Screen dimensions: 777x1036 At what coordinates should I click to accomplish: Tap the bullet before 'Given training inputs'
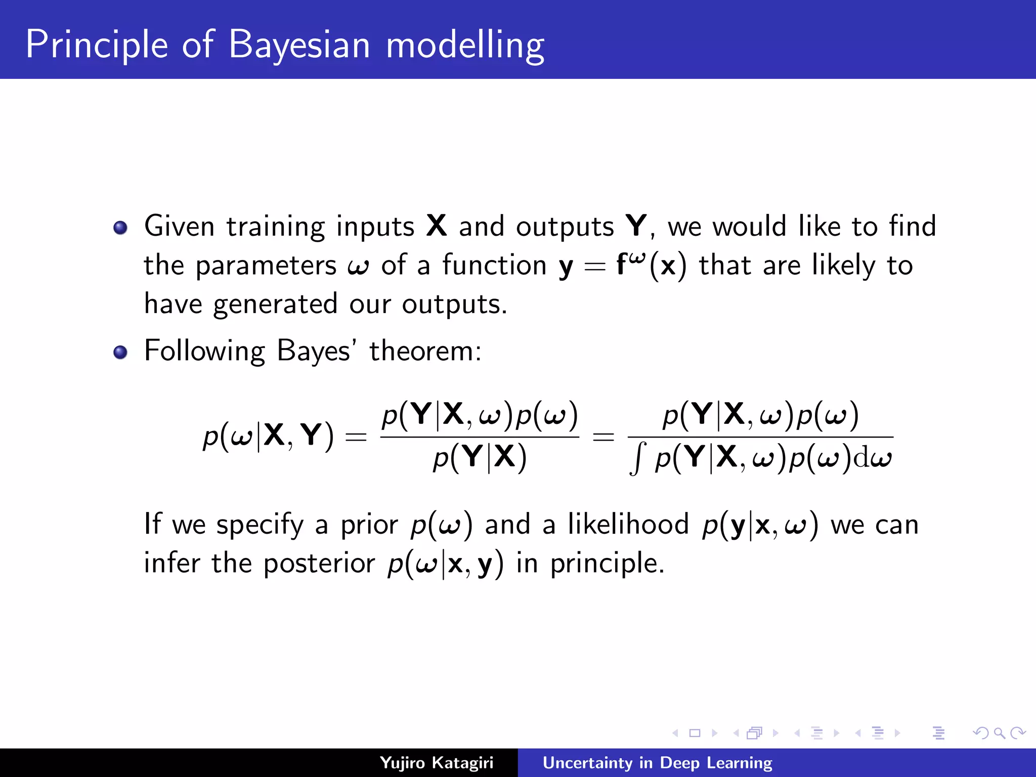(x=120, y=228)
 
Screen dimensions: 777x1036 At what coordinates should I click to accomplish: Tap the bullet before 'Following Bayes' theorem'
(x=120, y=352)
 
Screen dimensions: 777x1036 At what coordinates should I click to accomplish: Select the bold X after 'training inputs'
(x=436, y=226)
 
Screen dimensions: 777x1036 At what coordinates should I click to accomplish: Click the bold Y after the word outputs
(x=636, y=226)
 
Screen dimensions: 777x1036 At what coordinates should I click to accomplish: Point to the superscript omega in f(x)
(x=638, y=258)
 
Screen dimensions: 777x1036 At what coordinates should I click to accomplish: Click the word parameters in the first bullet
(x=266, y=265)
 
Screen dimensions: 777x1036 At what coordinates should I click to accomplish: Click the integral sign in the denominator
(x=638, y=458)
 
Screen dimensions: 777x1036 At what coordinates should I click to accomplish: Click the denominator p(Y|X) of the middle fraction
(x=480, y=457)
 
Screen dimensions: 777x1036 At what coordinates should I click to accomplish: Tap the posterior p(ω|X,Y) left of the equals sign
(x=268, y=436)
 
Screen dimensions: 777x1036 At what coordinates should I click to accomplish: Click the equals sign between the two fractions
(x=603, y=436)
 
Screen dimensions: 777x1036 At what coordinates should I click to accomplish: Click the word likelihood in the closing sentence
(x=628, y=524)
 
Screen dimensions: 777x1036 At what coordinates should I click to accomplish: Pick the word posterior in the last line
(x=319, y=563)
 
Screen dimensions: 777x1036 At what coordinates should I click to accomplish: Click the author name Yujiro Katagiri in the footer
(x=436, y=763)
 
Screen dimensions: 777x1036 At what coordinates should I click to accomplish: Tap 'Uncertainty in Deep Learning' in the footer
(x=657, y=763)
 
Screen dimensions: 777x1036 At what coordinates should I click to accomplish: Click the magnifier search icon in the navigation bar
(x=999, y=733)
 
